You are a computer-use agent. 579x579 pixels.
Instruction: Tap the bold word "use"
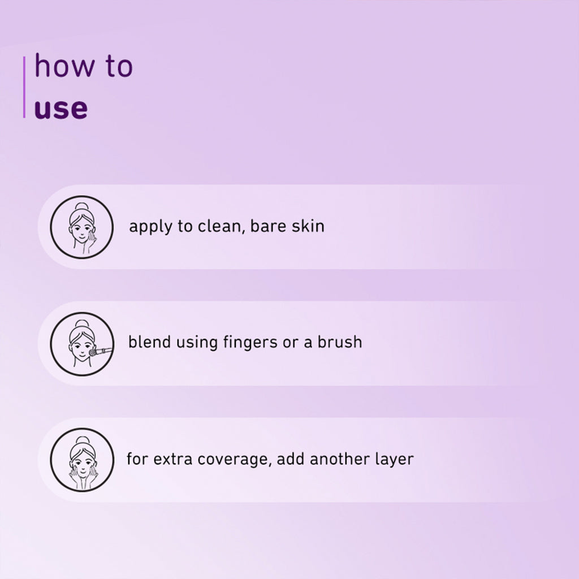click(x=61, y=109)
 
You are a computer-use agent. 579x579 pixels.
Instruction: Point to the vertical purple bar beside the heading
click(x=24, y=87)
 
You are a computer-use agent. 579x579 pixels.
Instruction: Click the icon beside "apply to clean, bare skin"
click(x=81, y=227)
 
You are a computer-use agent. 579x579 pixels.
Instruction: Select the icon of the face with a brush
click(x=81, y=344)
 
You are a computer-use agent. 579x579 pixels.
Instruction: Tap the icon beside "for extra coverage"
click(x=81, y=460)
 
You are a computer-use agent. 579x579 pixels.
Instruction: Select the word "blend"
click(x=149, y=342)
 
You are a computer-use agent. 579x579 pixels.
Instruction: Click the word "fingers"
click(x=250, y=343)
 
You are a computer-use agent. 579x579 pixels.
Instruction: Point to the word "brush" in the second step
click(x=340, y=342)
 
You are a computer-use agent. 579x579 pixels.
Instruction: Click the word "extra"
click(x=173, y=459)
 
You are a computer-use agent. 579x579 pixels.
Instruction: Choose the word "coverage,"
click(x=235, y=460)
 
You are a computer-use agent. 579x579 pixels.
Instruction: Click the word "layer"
click(x=394, y=460)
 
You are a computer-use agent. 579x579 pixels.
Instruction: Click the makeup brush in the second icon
click(x=101, y=351)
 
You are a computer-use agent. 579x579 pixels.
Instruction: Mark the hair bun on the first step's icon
click(x=81, y=206)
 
